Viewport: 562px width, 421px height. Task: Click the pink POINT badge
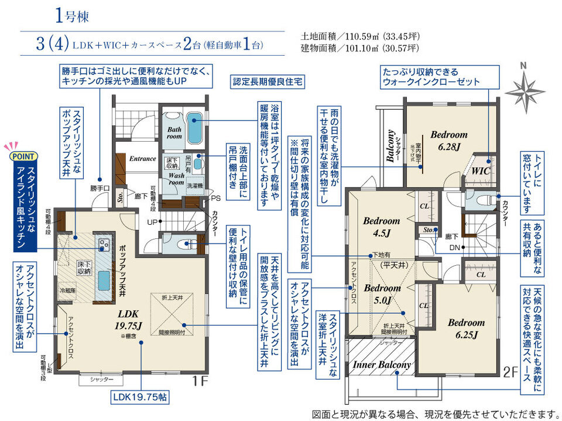coord(22,156)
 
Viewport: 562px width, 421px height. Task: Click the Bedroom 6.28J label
coord(449,139)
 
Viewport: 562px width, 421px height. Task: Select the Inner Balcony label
coord(382,365)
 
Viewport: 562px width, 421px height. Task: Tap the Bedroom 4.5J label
coord(381,226)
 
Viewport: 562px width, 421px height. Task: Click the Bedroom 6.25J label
coord(466,328)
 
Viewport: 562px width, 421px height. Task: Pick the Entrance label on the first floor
coord(142,158)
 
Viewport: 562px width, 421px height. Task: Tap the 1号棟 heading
coord(73,16)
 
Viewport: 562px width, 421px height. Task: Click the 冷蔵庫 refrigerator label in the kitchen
coord(67,290)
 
